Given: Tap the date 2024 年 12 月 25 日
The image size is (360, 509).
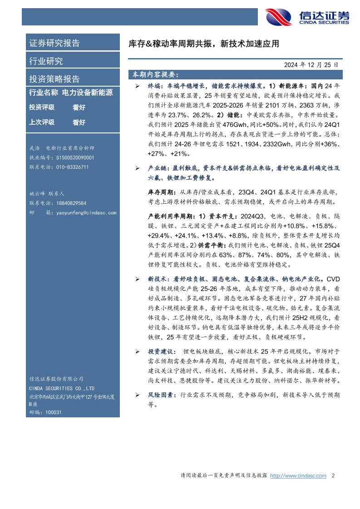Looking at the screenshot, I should [x=311, y=65].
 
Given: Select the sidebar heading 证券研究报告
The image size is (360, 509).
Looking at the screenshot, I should [x=54, y=44].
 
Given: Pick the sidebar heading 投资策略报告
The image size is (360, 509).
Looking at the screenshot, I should [x=54, y=79].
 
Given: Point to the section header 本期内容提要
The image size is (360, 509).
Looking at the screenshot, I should [x=155, y=74].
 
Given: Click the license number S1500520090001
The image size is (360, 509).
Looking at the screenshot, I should [x=68, y=157].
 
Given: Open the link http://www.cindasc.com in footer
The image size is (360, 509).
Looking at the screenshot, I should [x=298, y=476].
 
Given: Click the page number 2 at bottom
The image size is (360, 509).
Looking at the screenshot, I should [x=333, y=476].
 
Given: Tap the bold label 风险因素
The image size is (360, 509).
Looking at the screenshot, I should [x=162, y=395].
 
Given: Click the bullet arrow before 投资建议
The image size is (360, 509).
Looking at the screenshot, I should [x=138, y=352].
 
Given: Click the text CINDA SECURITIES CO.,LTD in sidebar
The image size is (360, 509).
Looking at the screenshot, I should [x=61, y=388].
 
